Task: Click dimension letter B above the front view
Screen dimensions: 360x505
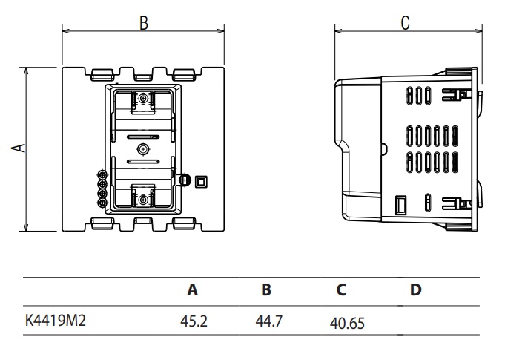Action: (143, 23)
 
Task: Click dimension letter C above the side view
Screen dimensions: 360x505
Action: (406, 23)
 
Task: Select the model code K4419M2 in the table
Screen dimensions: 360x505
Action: (57, 321)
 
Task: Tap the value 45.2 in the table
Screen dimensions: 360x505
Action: (193, 321)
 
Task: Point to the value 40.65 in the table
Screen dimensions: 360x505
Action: (347, 323)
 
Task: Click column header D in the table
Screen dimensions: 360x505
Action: (416, 290)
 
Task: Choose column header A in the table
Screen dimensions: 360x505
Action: (193, 290)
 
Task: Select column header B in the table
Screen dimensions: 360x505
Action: (266, 290)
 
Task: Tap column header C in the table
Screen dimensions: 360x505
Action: (341, 290)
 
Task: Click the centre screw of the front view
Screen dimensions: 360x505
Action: (142, 149)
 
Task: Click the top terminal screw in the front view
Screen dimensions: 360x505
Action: (142, 99)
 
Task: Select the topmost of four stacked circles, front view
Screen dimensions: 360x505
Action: (102, 176)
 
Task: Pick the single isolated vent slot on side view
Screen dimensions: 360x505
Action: (429, 202)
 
